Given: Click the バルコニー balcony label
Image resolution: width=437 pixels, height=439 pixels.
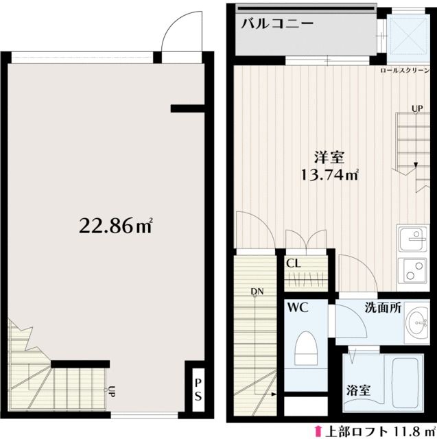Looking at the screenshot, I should coord(276,24).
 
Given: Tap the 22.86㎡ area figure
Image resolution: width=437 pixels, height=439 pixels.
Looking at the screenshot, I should coord(115,224).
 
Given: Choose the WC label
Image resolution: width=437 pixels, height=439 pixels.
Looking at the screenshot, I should coord(298,309).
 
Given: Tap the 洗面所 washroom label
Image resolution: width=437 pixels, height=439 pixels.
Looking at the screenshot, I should coord(382,308).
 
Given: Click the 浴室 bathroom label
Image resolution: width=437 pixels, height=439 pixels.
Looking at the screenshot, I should coord(358,391).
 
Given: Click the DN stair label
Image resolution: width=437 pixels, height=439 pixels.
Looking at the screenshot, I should coord(257,292).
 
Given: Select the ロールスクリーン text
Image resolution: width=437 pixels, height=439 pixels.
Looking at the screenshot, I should coord(407,71).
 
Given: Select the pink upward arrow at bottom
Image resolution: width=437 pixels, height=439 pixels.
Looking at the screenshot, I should coord(318,431).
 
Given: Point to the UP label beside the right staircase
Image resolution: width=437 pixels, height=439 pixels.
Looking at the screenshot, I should coord(417,109).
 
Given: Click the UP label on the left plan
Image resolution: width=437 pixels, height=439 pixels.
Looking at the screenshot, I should coord(110,392).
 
